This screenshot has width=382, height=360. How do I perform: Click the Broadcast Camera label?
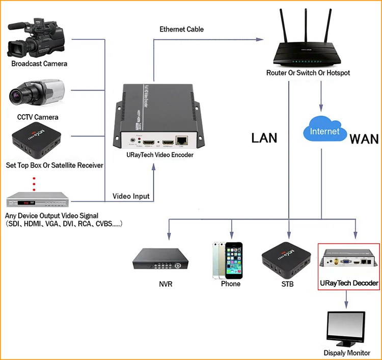point(39,64)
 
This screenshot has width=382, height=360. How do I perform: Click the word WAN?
point(364,138)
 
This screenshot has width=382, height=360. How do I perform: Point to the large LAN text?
point(264,137)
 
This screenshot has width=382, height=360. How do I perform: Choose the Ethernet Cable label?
point(181,30)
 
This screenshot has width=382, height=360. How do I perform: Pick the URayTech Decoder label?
point(349,283)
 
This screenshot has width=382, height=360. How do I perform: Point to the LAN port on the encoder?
point(181,140)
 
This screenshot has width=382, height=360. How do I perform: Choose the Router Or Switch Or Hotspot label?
point(308,73)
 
